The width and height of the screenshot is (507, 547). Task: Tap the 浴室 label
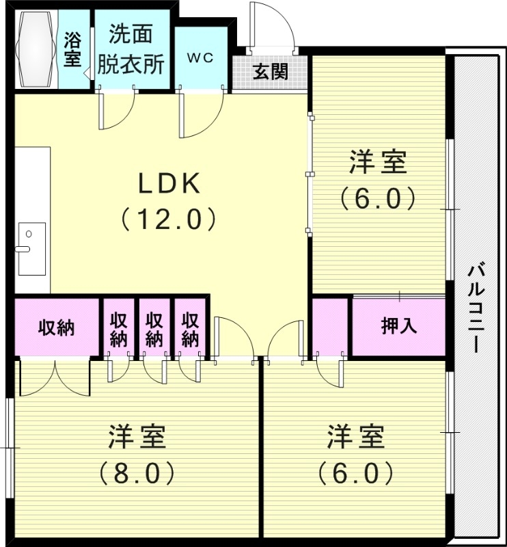[73, 49]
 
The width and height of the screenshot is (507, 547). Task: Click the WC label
[201, 57]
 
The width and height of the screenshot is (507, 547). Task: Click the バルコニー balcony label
[476, 307]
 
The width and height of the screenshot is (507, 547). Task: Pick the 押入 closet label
[398, 326]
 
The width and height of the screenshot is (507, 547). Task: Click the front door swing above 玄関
[272, 27]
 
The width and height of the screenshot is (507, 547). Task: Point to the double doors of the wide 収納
[55, 378]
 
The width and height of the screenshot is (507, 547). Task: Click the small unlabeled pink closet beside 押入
[331, 326]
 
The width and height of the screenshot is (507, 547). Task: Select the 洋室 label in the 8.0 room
[137, 436]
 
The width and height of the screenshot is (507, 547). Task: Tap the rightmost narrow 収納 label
[191, 328]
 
